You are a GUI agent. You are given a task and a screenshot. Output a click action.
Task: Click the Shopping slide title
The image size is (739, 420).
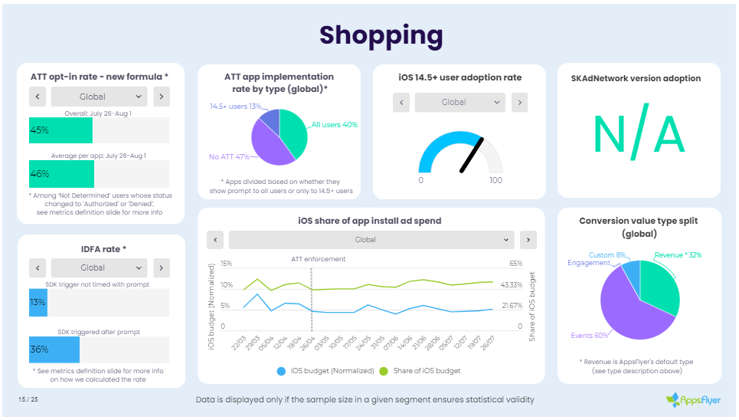[x=381, y=34]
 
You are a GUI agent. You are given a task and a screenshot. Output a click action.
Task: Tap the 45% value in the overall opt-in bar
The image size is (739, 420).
[x=40, y=130]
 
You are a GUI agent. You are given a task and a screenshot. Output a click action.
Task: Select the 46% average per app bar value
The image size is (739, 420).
[x=40, y=175]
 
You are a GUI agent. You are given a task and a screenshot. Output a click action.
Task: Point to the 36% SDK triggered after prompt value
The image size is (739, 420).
[x=40, y=349]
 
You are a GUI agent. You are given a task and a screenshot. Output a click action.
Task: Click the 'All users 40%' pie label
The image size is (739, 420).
[x=335, y=125]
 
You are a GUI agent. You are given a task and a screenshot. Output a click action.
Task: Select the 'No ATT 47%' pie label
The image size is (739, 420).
[x=230, y=157]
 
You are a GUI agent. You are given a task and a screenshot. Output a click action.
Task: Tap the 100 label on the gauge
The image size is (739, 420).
[x=495, y=180]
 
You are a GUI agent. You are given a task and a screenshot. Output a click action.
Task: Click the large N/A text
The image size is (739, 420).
[x=639, y=133]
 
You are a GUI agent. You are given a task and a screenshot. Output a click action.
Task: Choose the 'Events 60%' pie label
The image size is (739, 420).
[x=590, y=336]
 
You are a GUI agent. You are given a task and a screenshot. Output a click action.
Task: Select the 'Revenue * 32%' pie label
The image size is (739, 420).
[x=678, y=254]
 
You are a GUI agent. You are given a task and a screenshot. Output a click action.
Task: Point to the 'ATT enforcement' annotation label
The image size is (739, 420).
[x=318, y=259]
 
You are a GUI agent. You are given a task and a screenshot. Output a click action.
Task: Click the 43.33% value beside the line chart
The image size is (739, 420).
[x=512, y=285]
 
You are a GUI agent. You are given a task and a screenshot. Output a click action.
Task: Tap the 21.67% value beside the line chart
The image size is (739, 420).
[x=512, y=306]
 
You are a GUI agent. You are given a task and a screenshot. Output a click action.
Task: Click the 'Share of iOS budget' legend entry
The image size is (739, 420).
[x=423, y=372]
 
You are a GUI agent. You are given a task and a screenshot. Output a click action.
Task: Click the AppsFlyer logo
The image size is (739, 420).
[x=692, y=399]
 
